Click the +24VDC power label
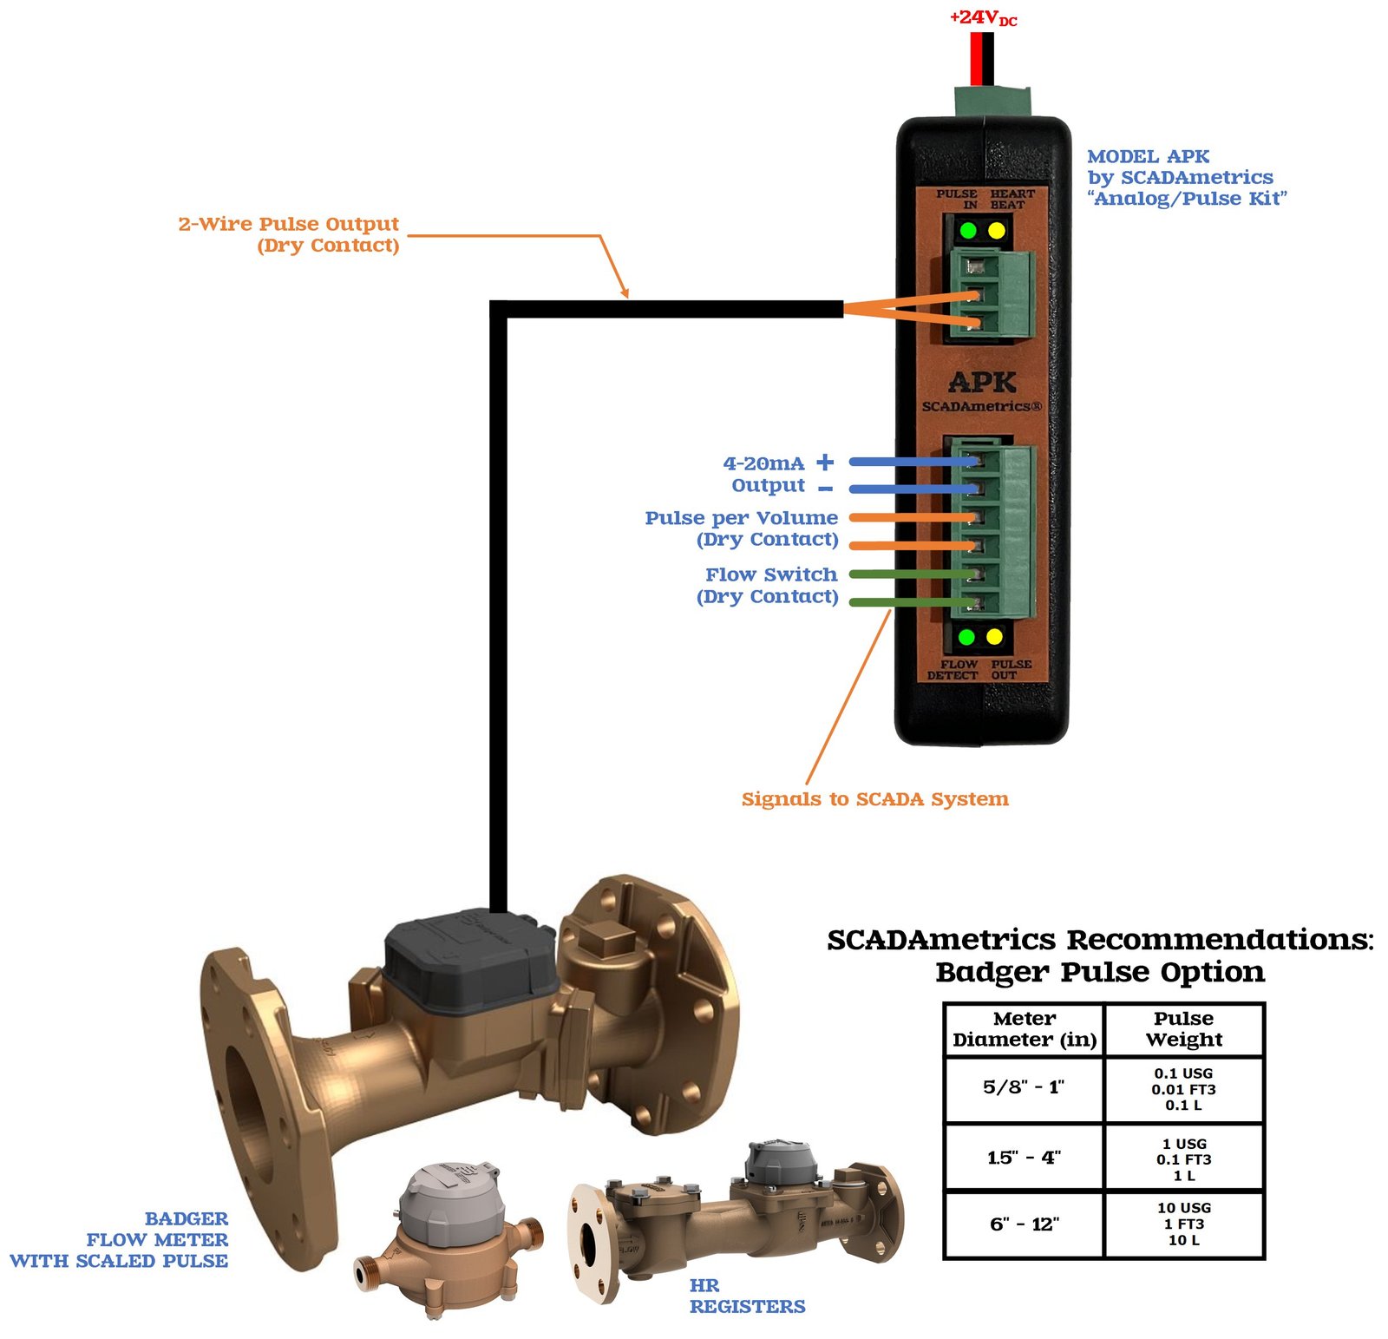983,17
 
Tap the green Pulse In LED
968,231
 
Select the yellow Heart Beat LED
997,231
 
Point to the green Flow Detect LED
966,638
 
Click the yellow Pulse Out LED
995,638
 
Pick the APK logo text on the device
982,383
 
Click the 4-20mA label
763,463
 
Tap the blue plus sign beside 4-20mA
825,462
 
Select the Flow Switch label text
770,574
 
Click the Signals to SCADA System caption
874,799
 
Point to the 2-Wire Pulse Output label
288,224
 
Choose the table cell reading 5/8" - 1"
1024,1088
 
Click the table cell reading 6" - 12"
1024,1224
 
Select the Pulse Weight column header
1183,1029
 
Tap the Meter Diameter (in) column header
1024,1029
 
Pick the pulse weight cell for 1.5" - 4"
1183,1159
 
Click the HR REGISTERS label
747,1296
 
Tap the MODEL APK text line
1148,157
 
